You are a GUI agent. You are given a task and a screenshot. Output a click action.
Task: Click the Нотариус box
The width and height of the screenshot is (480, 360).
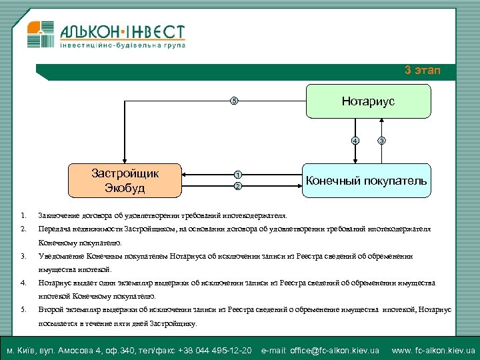tap(368, 101)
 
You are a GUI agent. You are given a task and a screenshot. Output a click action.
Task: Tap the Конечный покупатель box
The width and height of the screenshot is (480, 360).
tap(367, 181)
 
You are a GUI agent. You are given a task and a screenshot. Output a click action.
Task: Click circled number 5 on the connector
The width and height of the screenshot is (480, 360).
tap(233, 101)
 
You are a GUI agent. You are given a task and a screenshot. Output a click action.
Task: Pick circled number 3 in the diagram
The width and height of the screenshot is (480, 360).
tap(381, 141)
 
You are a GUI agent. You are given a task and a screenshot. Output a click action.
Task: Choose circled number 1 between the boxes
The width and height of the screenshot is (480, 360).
tap(237, 175)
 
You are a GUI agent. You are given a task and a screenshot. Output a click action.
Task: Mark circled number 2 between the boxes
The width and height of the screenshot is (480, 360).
tap(237, 187)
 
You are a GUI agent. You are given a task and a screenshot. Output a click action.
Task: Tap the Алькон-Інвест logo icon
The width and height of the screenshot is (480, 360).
tap(39, 34)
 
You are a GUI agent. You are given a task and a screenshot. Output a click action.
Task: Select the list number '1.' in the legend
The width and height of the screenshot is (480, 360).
tap(23, 215)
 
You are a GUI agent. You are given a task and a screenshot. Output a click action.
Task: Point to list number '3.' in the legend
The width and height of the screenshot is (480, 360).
tap(23, 255)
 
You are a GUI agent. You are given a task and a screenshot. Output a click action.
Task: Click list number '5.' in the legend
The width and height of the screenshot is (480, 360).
tap(23, 309)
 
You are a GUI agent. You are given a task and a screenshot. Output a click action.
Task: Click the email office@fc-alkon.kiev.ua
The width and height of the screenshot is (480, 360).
tap(320, 351)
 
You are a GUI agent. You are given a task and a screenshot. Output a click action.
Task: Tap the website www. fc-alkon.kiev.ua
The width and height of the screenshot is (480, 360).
tap(433, 351)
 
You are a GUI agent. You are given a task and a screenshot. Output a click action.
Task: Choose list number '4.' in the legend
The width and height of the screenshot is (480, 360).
tap(23, 283)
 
